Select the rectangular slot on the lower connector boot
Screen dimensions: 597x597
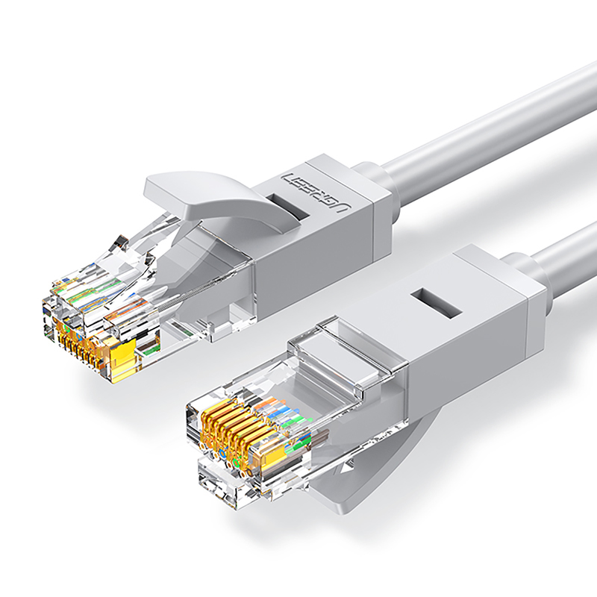click(x=437, y=304)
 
